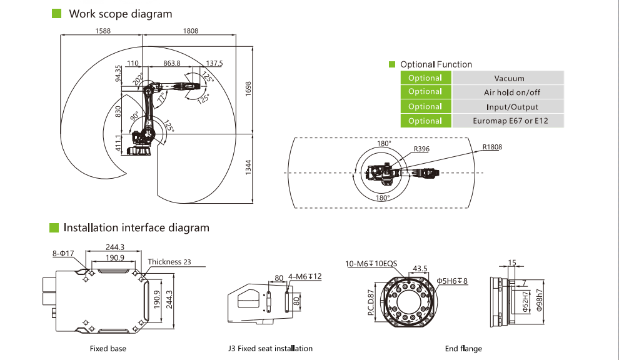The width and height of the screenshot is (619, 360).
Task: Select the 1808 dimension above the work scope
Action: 191,31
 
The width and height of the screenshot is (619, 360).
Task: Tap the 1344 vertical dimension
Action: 248,167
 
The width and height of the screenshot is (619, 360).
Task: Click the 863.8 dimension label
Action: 171,63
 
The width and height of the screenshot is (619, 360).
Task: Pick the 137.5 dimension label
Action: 214,63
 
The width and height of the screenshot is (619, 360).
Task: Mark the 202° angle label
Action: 138,80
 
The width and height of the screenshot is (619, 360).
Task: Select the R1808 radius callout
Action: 492,147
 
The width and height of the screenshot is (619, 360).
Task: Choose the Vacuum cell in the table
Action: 508,78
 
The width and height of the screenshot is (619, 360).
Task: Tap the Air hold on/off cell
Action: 508,92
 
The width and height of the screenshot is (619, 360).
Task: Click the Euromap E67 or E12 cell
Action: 508,121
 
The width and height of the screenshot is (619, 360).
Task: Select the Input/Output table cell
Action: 508,107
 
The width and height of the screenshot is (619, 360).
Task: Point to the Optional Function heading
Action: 436,64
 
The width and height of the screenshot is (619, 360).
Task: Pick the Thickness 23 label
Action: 169,262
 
